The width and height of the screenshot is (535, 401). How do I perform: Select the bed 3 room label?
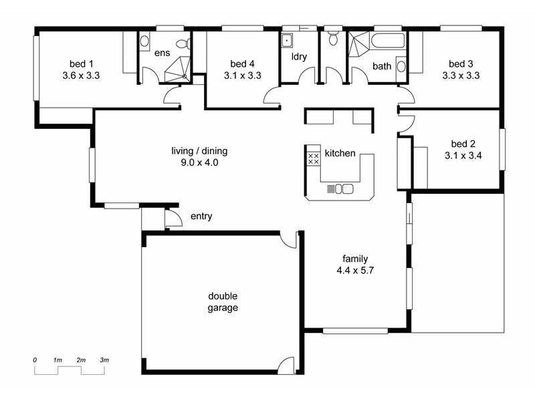tap(461, 63)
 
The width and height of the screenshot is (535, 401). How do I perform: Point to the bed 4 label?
tap(242, 63)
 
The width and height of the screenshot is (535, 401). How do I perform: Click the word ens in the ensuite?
tap(162, 53)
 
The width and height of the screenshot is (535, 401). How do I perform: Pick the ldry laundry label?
tap(299, 56)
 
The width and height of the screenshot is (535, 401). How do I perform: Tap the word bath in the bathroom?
tap(382, 66)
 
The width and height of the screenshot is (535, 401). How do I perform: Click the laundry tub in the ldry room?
tap(288, 39)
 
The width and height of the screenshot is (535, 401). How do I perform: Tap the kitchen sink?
tap(343, 188)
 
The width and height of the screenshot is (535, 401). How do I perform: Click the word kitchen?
tap(340, 153)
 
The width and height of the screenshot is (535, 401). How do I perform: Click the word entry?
tap(201, 216)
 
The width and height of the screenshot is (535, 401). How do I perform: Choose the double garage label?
tap(223, 302)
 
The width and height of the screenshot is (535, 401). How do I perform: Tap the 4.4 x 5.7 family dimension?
tap(354, 270)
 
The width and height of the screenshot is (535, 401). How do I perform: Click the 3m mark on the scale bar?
tap(104, 360)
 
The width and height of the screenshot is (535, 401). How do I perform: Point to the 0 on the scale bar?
tap(35, 360)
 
